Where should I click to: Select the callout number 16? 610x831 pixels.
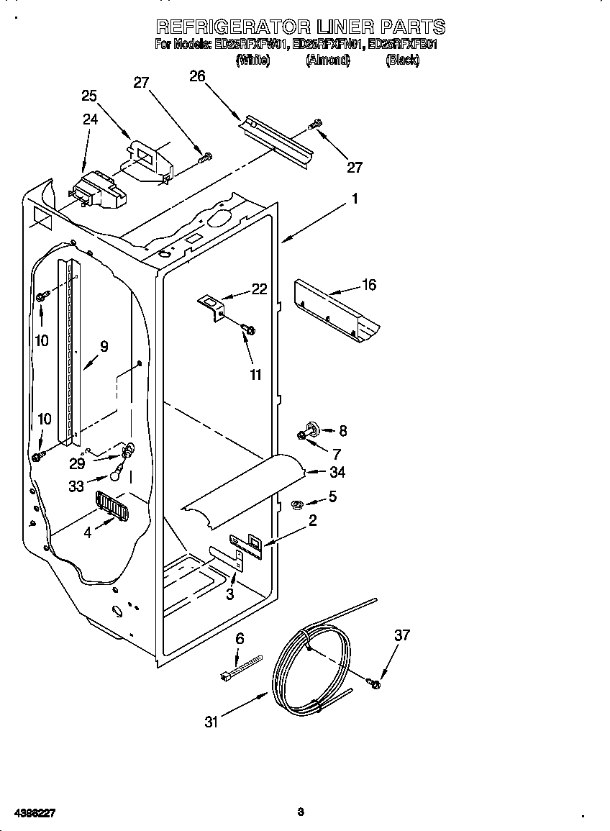[x=368, y=285]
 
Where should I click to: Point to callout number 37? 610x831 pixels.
[x=401, y=635]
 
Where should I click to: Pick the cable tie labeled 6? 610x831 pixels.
[x=241, y=667]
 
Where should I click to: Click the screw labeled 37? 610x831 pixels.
[x=374, y=683]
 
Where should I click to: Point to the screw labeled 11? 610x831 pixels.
[x=250, y=330]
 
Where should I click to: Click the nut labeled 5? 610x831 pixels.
[x=296, y=504]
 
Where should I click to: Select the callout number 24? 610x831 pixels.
[x=90, y=119]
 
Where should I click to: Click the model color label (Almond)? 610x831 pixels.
[x=327, y=60]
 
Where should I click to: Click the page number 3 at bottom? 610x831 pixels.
[x=301, y=812]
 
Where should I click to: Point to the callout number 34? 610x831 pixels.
[x=337, y=473]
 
